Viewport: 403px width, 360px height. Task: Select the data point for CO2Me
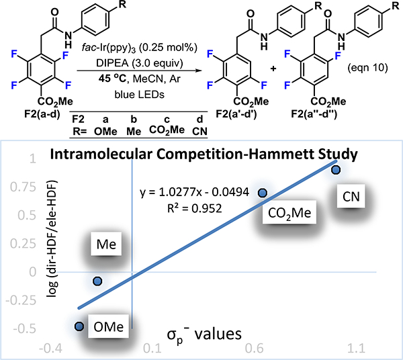coord(263,192)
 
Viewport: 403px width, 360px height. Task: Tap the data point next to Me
coord(98,281)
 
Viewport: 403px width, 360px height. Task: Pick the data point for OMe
coord(79,326)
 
